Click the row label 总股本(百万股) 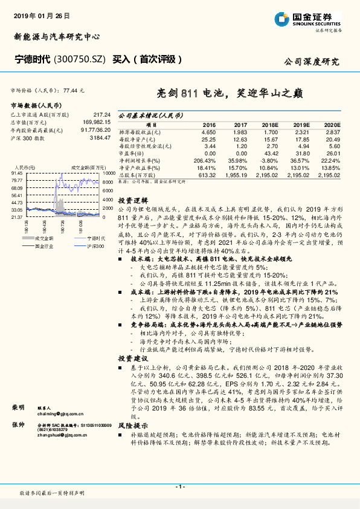(137, 175)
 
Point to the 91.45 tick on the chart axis (17, 173)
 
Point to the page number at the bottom (180, 487)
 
